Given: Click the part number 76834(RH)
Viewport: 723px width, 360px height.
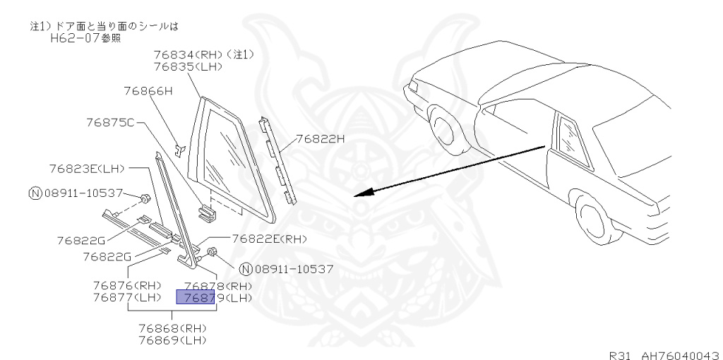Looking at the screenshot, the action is [186, 55].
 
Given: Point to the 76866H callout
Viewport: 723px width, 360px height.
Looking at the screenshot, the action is [148, 91].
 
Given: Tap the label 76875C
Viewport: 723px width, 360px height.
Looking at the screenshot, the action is [109, 122].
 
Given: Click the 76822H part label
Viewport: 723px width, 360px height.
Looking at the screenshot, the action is [320, 138].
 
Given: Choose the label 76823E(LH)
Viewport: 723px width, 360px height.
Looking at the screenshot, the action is [87, 169].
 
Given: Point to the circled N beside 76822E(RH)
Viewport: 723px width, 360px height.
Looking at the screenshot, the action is [245, 268].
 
